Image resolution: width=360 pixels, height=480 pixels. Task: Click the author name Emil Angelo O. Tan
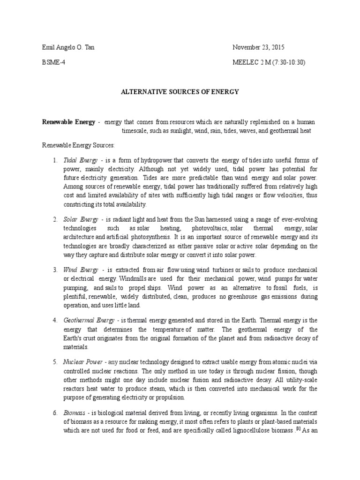click(x=67, y=48)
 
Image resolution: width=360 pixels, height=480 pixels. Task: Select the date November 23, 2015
click(x=259, y=48)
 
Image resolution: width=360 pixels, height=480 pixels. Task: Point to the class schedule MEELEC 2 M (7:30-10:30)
click(x=269, y=62)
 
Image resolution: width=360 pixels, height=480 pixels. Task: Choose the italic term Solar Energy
click(x=81, y=219)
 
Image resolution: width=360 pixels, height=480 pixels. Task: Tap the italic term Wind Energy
click(x=81, y=270)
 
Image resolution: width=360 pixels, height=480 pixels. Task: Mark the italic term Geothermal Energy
click(x=89, y=321)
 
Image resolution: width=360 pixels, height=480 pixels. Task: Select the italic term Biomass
click(x=75, y=413)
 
